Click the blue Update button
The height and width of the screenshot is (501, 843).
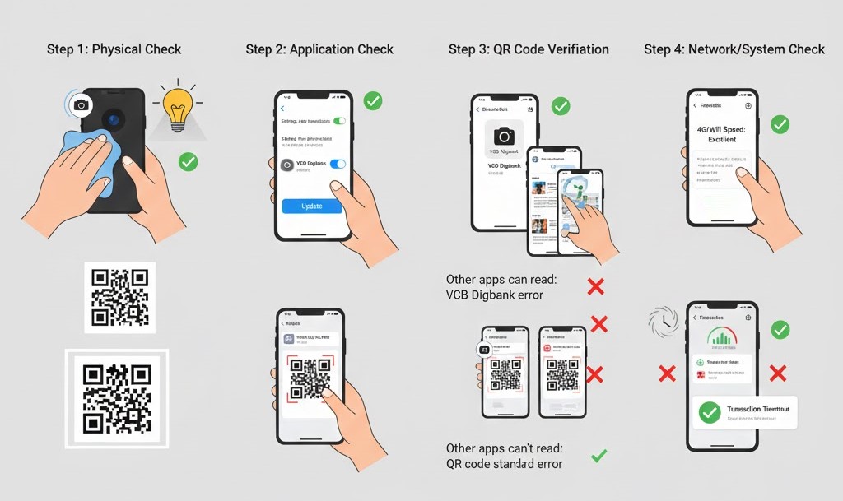312,206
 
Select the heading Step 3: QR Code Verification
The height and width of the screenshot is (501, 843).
529,50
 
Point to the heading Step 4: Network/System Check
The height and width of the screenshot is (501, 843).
734,50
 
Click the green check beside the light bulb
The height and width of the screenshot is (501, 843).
189,161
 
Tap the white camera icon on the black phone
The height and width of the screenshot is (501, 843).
81,104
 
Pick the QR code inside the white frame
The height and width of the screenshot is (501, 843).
117,399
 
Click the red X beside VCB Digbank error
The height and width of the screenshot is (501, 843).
595,286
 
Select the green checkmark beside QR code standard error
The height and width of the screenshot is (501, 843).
599,455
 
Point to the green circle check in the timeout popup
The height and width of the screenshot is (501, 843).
709,413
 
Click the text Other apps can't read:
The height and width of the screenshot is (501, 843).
504,448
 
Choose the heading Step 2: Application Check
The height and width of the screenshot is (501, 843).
319,50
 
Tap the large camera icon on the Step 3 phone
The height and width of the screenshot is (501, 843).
504,136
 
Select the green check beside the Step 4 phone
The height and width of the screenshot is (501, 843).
780,124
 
